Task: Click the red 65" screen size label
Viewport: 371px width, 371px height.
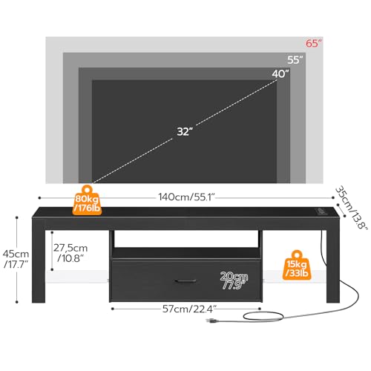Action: [314, 43]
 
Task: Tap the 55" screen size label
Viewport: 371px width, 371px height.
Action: [295, 60]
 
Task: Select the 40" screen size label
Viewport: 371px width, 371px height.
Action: [280, 73]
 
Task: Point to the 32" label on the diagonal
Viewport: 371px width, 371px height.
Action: [185, 131]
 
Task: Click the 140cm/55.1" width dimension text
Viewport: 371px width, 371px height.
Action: [187, 197]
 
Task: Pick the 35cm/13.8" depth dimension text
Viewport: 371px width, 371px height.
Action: [351, 207]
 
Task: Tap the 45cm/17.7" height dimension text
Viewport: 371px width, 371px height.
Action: [16, 259]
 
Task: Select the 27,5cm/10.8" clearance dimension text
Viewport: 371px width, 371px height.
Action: [70, 253]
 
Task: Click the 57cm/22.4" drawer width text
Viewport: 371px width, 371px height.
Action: [190, 309]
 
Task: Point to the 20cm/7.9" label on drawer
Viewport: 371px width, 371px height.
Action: [234, 280]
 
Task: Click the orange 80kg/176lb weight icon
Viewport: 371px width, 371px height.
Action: [87, 200]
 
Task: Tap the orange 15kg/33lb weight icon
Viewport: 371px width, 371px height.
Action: [297, 265]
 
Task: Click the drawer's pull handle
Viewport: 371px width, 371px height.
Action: [185, 280]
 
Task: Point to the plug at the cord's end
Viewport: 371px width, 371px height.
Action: [212, 321]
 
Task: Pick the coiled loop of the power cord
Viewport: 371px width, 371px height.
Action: [263, 315]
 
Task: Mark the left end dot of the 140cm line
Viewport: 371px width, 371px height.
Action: [39, 197]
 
